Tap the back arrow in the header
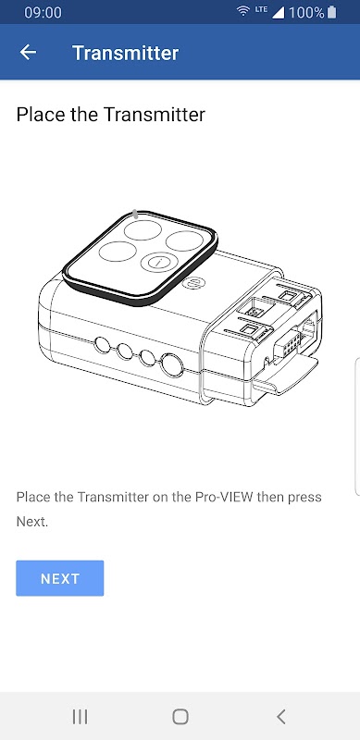[x=28, y=53]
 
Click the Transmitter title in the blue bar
[x=125, y=53]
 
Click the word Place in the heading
[x=40, y=115]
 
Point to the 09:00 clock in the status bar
[x=43, y=12]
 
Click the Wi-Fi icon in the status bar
[x=243, y=11]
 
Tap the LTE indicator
[x=261, y=9]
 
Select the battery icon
[x=331, y=12]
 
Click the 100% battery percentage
[x=306, y=12]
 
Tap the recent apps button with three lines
[x=80, y=716]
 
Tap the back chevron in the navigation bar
[x=280, y=716]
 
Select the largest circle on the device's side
[x=172, y=365]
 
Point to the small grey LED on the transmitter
[x=136, y=214]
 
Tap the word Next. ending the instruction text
[x=32, y=522]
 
